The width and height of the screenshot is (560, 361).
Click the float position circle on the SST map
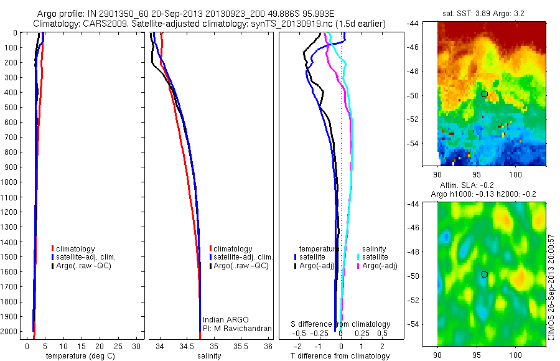coord(484,93)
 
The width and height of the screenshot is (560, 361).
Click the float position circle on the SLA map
coord(484,274)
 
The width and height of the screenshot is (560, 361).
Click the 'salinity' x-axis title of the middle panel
coord(210,356)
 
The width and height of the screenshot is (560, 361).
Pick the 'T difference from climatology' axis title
coord(340,356)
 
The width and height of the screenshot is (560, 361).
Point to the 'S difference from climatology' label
coord(341,324)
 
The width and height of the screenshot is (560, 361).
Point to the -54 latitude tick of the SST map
coord(430,144)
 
